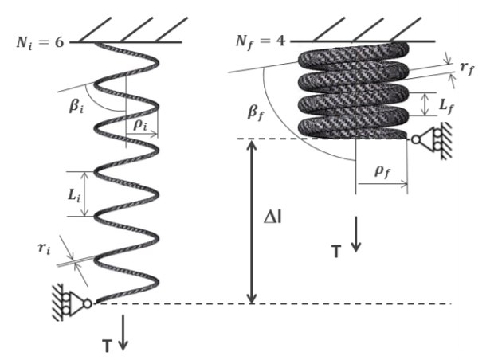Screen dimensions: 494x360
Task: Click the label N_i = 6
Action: click(40, 43)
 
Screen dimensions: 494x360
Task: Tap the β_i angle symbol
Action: click(76, 107)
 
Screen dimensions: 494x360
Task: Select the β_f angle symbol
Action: click(255, 112)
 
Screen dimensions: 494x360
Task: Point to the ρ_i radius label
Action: click(140, 125)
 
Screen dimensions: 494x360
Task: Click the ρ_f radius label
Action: click(382, 172)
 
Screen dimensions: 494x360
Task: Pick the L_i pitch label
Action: click(74, 196)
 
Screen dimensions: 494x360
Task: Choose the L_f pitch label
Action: click(447, 106)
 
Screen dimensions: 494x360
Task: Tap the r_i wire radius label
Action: click(44, 248)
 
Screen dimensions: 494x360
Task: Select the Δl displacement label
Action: click(272, 217)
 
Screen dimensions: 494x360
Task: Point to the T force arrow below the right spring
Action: click(356, 234)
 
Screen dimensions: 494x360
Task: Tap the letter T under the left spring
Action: click(107, 346)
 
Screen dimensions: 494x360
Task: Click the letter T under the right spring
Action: click(336, 252)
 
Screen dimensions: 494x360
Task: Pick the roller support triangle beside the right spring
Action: click(427, 139)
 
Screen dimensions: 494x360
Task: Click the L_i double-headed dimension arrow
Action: click(84, 194)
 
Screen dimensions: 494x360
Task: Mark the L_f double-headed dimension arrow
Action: click(425, 104)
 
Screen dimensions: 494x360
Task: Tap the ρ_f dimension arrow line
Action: click(382, 184)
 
